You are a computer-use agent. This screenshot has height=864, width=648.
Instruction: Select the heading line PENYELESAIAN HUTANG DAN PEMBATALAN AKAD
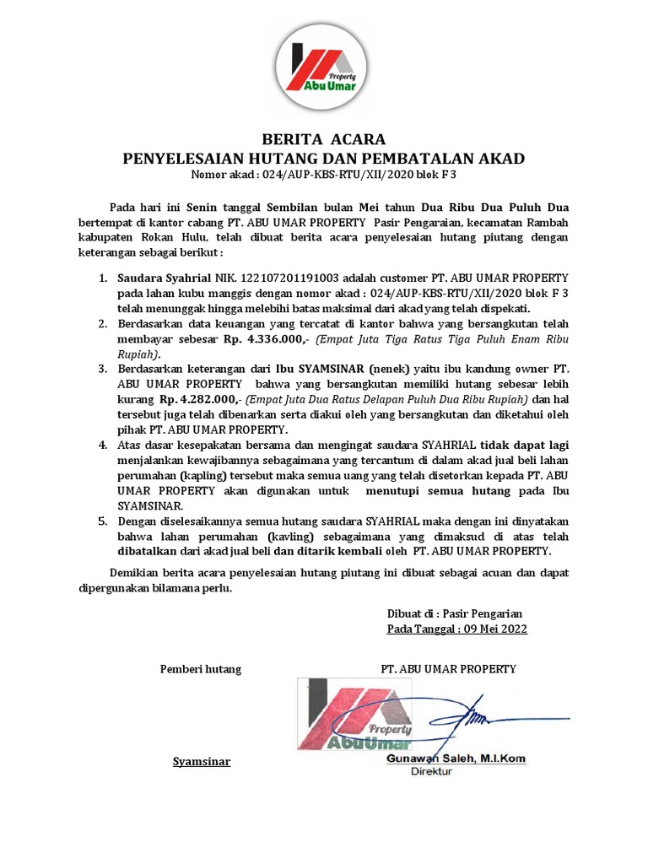tap(324, 158)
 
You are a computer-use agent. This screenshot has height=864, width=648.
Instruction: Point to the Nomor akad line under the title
tap(324, 175)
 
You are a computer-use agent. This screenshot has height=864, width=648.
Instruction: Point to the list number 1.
tap(102, 278)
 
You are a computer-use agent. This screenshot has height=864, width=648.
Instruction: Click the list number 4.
tap(102, 445)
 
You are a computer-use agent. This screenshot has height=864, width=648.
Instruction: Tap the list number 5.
tap(102, 521)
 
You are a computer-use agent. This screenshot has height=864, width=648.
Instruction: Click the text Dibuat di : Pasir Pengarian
tap(455, 613)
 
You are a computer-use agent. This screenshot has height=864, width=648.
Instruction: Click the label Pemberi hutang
tap(201, 669)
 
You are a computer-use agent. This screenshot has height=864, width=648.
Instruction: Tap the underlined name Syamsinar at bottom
tap(201, 762)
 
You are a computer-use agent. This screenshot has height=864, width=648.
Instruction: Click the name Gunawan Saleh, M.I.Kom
tap(456, 759)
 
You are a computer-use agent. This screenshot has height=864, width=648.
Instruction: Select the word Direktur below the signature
tap(432, 771)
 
